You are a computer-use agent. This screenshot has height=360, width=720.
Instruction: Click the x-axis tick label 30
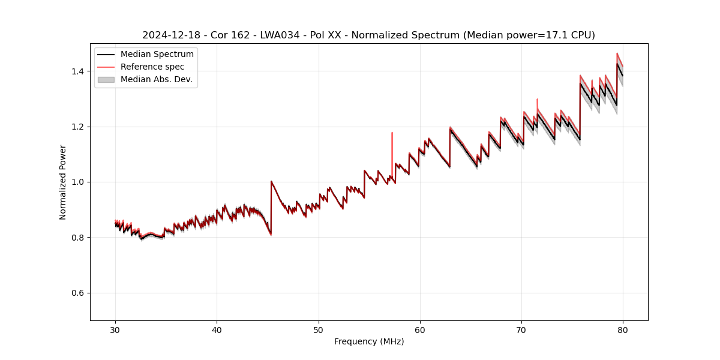point(115,329)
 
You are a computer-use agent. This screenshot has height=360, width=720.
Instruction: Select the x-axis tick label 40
point(217,329)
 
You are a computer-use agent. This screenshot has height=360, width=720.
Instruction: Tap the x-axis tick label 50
point(319,329)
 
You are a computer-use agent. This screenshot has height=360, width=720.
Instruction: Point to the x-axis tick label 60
point(420,329)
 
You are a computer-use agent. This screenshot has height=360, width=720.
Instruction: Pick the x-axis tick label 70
point(521,329)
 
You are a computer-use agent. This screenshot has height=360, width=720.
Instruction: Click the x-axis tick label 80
point(623,329)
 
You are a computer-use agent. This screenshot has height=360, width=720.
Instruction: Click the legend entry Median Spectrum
point(157,55)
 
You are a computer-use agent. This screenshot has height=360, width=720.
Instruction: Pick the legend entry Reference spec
point(152,67)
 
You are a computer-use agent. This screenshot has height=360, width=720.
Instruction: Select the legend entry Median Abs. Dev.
point(156,79)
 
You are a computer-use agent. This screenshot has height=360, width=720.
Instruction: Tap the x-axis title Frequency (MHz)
point(369,341)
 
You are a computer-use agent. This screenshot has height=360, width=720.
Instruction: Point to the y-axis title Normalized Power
point(63,182)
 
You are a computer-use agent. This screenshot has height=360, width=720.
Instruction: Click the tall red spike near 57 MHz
point(392,144)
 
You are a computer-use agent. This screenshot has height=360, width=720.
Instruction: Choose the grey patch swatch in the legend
point(106,79)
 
